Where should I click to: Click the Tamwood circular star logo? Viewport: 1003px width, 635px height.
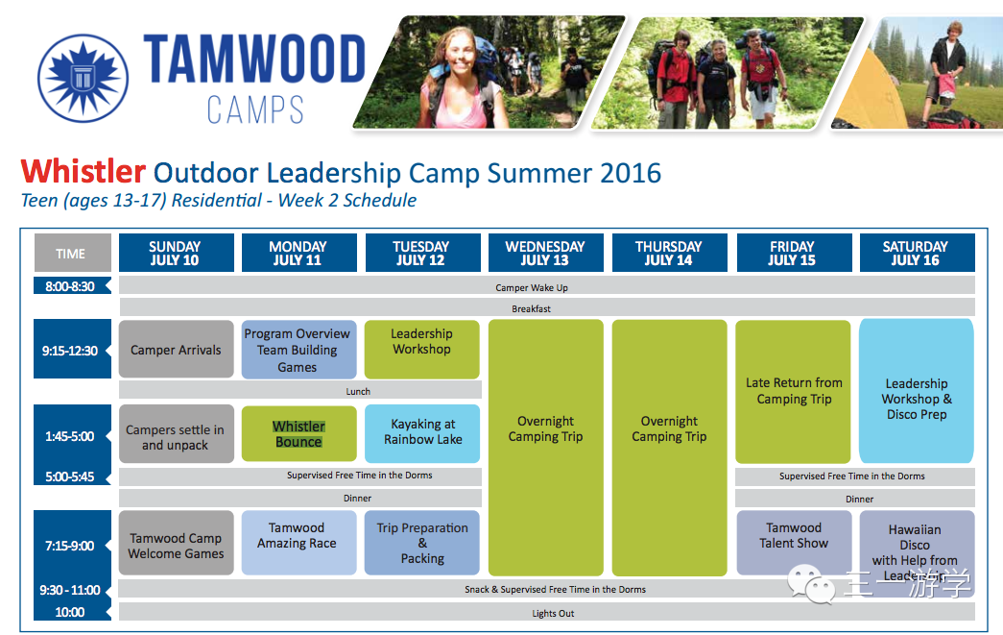tap(84, 78)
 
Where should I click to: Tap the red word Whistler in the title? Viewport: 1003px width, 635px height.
tap(84, 172)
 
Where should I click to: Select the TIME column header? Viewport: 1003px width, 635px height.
tap(72, 253)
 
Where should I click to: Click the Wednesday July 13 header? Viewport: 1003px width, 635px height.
tap(545, 253)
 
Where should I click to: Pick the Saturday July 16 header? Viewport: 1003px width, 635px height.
tap(916, 253)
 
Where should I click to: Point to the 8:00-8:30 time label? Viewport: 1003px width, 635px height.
tap(70, 286)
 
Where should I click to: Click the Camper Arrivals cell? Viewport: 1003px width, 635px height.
tap(176, 350)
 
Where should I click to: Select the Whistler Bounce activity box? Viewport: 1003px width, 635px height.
tap(299, 433)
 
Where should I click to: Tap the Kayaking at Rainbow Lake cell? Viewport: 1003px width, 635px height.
tap(422, 432)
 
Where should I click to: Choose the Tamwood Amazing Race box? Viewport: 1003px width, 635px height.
tap(299, 542)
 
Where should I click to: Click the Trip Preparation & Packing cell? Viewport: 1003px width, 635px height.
tap(422, 542)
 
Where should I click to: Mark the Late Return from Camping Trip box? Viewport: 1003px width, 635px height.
tap(793, 391)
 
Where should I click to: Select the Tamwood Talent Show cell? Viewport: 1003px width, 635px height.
tap(794, 542)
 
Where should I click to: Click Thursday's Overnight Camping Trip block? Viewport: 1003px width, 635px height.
tap(669, 448)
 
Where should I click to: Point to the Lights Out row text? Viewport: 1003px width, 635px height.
tap(553, 613)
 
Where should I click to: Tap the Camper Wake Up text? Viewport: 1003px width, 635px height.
tap(532, 287)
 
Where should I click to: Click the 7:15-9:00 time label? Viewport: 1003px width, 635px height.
tap(70, 546)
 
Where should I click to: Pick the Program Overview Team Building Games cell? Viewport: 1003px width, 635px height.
tap(299, 350)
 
